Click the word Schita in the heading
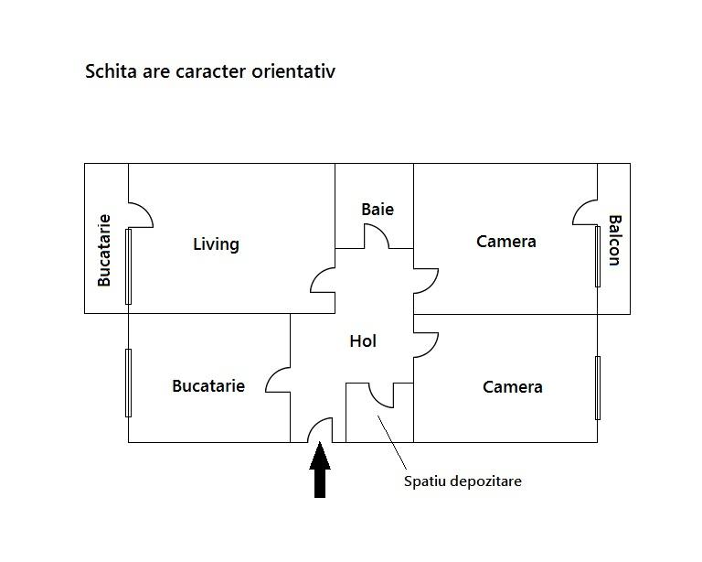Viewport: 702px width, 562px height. click(111, 71)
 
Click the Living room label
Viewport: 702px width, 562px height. click(216, 244)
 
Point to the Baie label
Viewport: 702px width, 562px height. click(378, 210)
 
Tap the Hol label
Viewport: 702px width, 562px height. click(363, 341)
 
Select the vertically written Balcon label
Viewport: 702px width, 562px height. click(614, 241)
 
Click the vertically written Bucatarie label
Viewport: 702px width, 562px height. click(104, 250)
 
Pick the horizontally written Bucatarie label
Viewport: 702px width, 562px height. click(208, 386)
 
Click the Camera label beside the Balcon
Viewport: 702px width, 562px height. click(505, 242)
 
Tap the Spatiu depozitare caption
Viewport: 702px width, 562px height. click(463, 481)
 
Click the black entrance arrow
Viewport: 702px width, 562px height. click(320, 470)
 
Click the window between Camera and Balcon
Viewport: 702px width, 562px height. click(598, 256)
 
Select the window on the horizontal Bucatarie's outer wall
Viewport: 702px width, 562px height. click(129, 383)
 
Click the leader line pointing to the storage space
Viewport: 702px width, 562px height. click(392, 442)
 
